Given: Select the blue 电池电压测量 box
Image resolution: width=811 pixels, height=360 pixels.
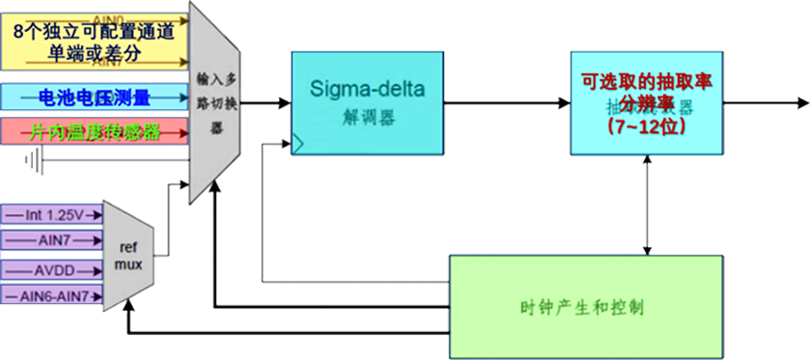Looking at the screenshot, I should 94,97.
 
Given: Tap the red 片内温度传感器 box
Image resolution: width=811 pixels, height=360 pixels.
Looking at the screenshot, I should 94,131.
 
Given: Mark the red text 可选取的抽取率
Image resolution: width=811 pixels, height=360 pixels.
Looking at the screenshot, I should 646,82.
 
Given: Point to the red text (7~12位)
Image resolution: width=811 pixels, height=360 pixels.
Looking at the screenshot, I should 646,126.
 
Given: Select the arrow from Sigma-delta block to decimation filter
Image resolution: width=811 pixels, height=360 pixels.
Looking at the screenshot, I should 507,101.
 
